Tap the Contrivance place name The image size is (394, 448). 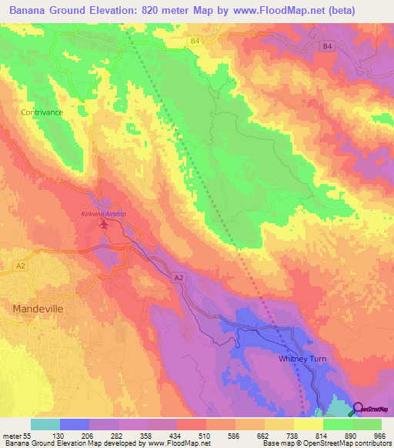click(42, 112)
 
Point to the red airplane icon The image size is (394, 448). click(105, 224)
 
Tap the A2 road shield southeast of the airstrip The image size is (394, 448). click(179, 276)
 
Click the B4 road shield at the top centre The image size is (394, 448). click(195, 40)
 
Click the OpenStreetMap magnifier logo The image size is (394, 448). click(359, 410)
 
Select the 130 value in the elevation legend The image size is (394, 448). click(58, 436)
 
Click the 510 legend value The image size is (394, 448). click(205, 436)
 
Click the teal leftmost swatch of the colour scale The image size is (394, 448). click(45, 424)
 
